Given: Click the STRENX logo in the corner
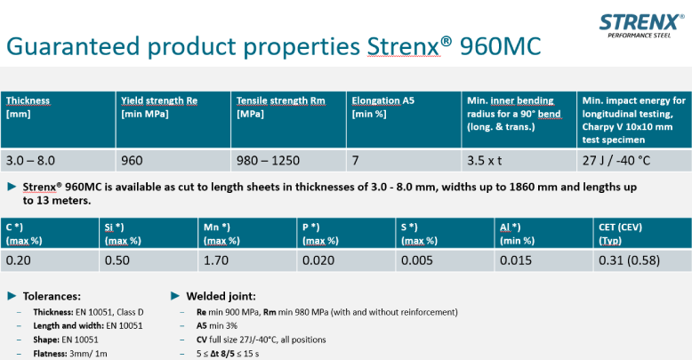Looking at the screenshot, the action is click(x=641, y=26).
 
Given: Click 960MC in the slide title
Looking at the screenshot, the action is click(x=500, y=46).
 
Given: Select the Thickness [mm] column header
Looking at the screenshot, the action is click(x=28, y=108).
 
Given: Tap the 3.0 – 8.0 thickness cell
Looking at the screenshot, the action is click(x=30, y=161).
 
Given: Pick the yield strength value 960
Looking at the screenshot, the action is click(x=132, y=161).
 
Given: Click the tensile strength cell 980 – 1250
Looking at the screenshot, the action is click(x=268, y=161).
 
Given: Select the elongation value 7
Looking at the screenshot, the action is click(x=355, y=161).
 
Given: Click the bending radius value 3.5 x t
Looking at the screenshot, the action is click(x=484, y=161).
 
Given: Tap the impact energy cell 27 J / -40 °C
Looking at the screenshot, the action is click(x=616, y=161).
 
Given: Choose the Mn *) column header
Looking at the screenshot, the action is click(x=221, y=234).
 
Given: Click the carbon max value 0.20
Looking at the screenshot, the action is click(x=18, y=260).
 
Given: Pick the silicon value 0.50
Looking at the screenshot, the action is click(x=117, y=260).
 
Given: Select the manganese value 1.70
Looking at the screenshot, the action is click(x=216, y=260).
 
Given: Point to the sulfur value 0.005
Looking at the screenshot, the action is click(x=417, y=260).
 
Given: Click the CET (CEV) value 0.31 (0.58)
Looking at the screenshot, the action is click(x=629, y=260).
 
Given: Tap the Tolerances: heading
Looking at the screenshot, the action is click(x=52, y=296).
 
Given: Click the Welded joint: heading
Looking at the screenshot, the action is click(x=221, y=296).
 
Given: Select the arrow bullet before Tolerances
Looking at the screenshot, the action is click(x=12, y=296).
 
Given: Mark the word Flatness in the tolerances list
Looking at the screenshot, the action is click(x=50, y=354).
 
